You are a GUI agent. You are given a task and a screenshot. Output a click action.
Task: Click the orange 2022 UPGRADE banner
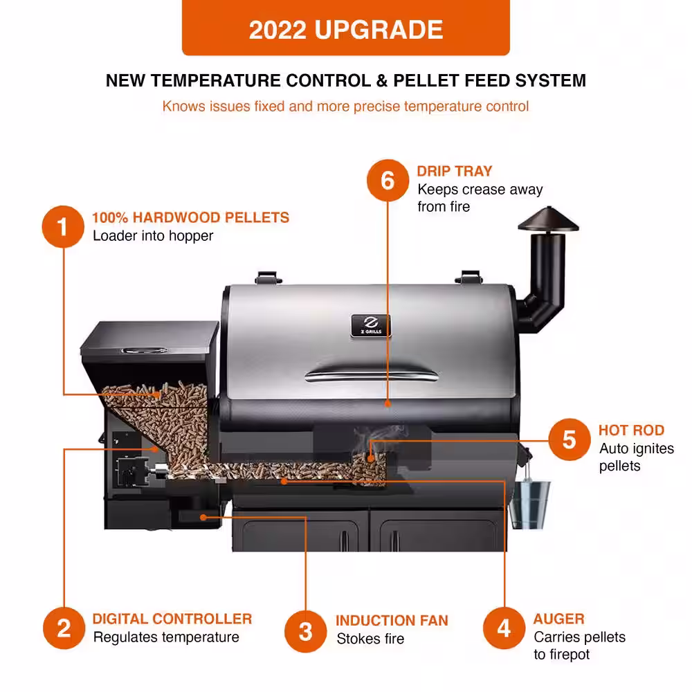tap(346, 29)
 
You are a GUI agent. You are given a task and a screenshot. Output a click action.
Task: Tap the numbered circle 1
tap(63, 226)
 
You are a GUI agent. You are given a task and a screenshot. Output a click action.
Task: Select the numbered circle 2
tap(64, 628)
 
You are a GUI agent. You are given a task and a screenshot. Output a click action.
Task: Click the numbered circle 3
tap(305, 631)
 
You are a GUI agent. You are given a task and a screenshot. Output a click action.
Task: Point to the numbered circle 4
tap(504, 628)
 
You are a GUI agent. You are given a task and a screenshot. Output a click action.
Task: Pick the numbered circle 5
tap(569, 439)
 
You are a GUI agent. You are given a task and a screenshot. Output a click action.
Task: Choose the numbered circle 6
tap(388, 181)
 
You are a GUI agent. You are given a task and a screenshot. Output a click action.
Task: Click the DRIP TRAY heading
tap(455, 171)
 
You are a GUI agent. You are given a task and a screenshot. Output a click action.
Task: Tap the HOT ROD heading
tap(631, 430)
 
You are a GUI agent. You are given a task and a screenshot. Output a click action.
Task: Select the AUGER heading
tap(558, 619)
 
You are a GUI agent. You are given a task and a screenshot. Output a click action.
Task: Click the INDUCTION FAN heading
tap(392, 621)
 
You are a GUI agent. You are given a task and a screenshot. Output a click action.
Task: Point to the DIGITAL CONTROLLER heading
tap(172, 619)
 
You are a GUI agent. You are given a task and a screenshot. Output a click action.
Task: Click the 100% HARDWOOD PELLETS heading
tap(191, 217)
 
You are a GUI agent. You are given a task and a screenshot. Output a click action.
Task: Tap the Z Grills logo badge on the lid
tap(371, 325)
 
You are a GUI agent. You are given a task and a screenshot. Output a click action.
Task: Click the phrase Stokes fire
tap(370, 639)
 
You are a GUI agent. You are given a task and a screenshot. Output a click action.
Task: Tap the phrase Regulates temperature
tap(166, 637)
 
